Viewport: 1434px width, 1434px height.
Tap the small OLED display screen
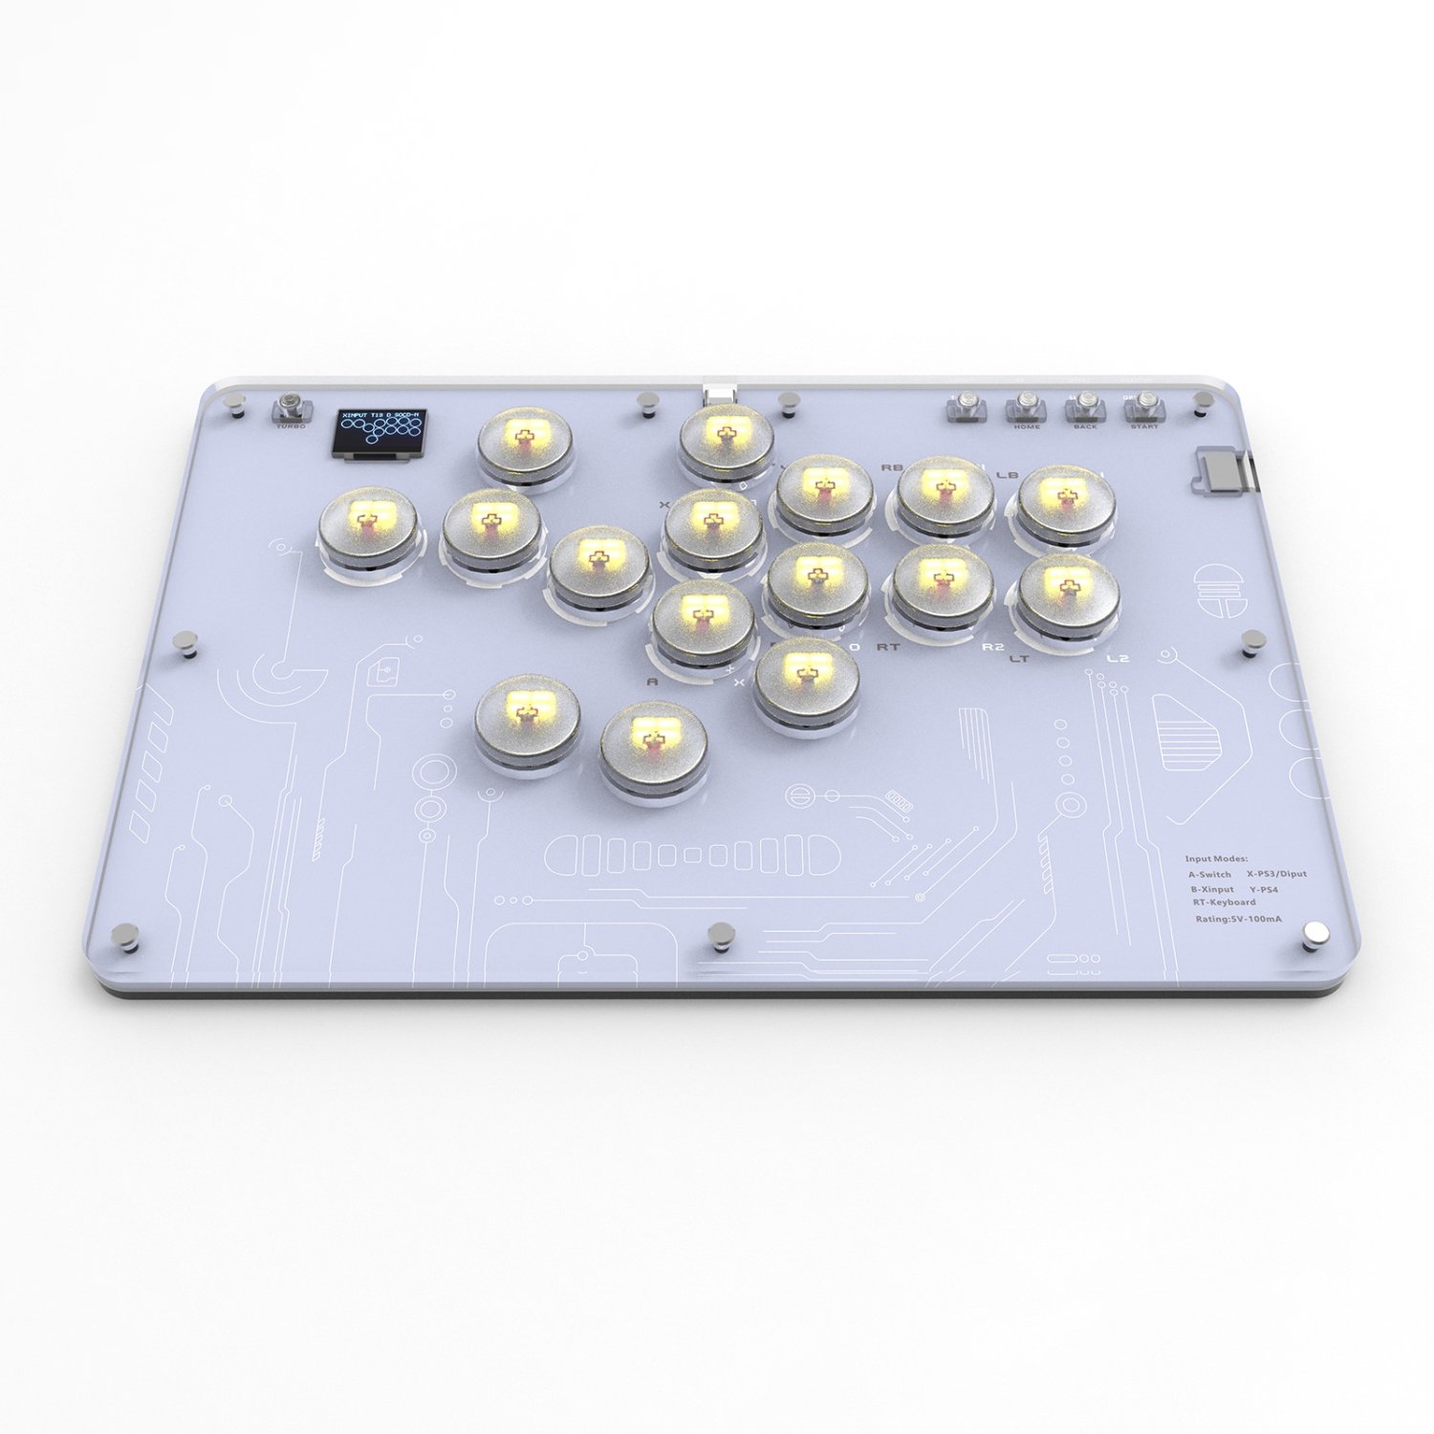380,432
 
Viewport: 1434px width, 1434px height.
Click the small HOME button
1027,406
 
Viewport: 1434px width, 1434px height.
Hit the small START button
1144,406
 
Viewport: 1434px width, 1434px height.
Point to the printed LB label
1007,475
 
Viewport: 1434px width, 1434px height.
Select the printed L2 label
1118,659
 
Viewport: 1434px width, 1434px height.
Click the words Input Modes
1216,858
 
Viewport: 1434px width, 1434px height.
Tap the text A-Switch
1209,875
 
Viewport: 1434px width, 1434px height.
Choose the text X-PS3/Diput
1276,875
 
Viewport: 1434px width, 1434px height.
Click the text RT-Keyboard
1224,902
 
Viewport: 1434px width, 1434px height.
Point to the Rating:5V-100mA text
1238,920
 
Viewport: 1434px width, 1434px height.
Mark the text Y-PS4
1263,890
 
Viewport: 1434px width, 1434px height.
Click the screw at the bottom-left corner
124,936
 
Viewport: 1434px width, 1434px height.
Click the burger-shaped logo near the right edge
1215,588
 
